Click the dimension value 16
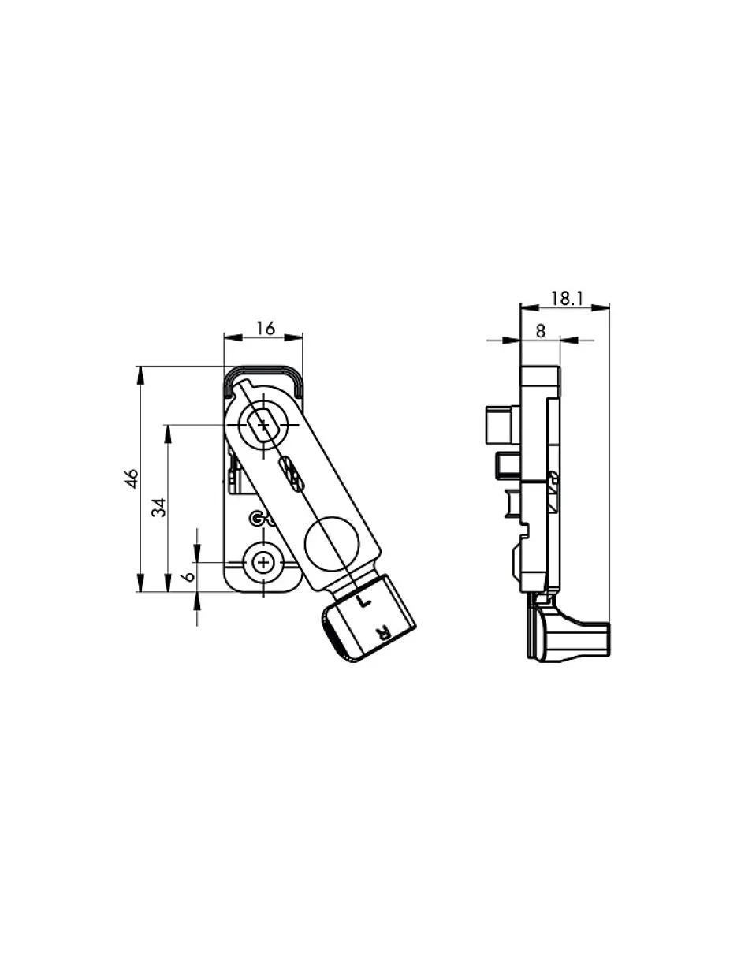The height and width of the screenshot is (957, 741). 266,329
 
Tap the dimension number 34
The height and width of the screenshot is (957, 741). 159,507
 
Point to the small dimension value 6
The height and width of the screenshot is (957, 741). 187,576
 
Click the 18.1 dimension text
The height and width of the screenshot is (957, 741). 565,298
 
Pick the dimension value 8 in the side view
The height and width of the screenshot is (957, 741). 540,331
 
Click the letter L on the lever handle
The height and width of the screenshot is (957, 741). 363,601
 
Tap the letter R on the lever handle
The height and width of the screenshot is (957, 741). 382,631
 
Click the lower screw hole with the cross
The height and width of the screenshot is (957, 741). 262,563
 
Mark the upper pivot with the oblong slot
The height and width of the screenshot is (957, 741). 262,426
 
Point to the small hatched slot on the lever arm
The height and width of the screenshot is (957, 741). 291,472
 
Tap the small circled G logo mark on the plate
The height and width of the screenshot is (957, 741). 255,518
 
